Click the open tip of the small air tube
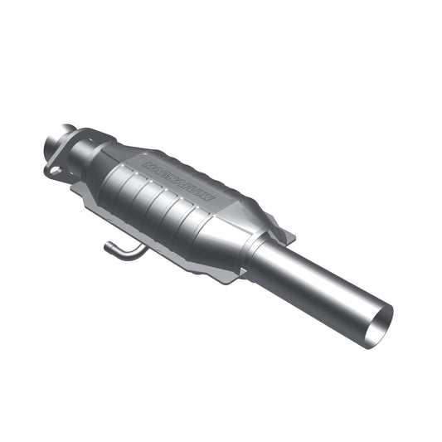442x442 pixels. tap(107, 245)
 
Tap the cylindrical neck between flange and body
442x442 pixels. tap(83, 153)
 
